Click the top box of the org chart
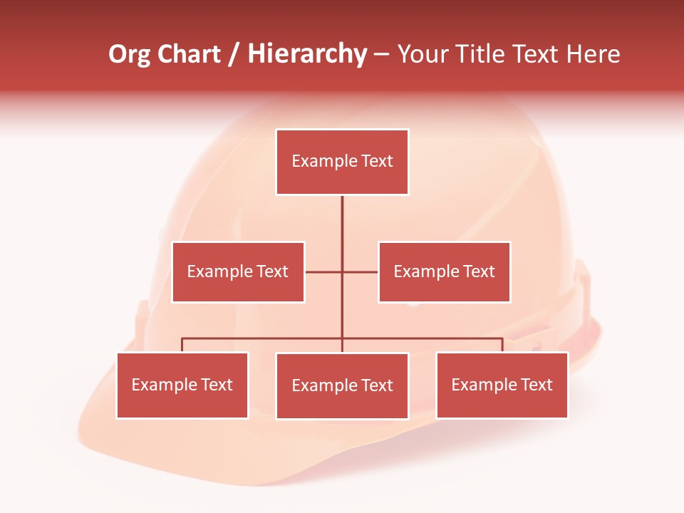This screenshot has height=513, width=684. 342,162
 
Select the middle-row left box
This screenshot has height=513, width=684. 238,271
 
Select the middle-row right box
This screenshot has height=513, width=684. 444,271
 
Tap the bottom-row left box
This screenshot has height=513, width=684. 182,385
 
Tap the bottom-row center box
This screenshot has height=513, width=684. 342,385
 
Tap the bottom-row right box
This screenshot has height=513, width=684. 502,385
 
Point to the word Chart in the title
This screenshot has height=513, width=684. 189,54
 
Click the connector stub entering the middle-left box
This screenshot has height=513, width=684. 322,271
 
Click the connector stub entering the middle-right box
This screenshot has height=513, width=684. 362,271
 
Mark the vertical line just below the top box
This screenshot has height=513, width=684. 342,214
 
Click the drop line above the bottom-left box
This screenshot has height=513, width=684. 182,345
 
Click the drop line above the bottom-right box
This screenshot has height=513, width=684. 502,345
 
